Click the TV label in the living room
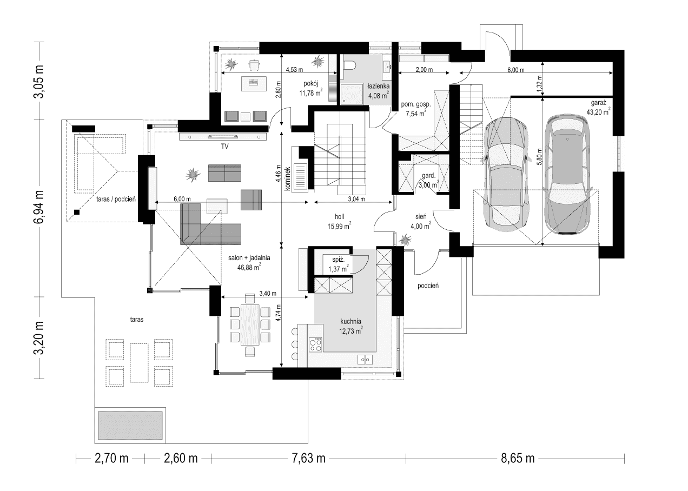(224, 147)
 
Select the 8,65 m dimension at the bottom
(518, 459)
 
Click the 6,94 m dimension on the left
(39, 207)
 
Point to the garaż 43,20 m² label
(598, 107)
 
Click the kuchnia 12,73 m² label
(350, 326)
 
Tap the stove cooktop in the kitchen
(316, 344)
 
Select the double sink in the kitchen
(365, 359)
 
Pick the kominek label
(288, 179)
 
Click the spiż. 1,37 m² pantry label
(338, 264)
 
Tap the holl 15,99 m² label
(339, 221)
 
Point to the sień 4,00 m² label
(421, 221)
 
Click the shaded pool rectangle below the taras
(130, 425)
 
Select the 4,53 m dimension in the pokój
(294, 70)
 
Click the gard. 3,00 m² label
(428, 181)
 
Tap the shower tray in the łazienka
(352, 94)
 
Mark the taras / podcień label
(116, 199)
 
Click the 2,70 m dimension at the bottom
(111, 459)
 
